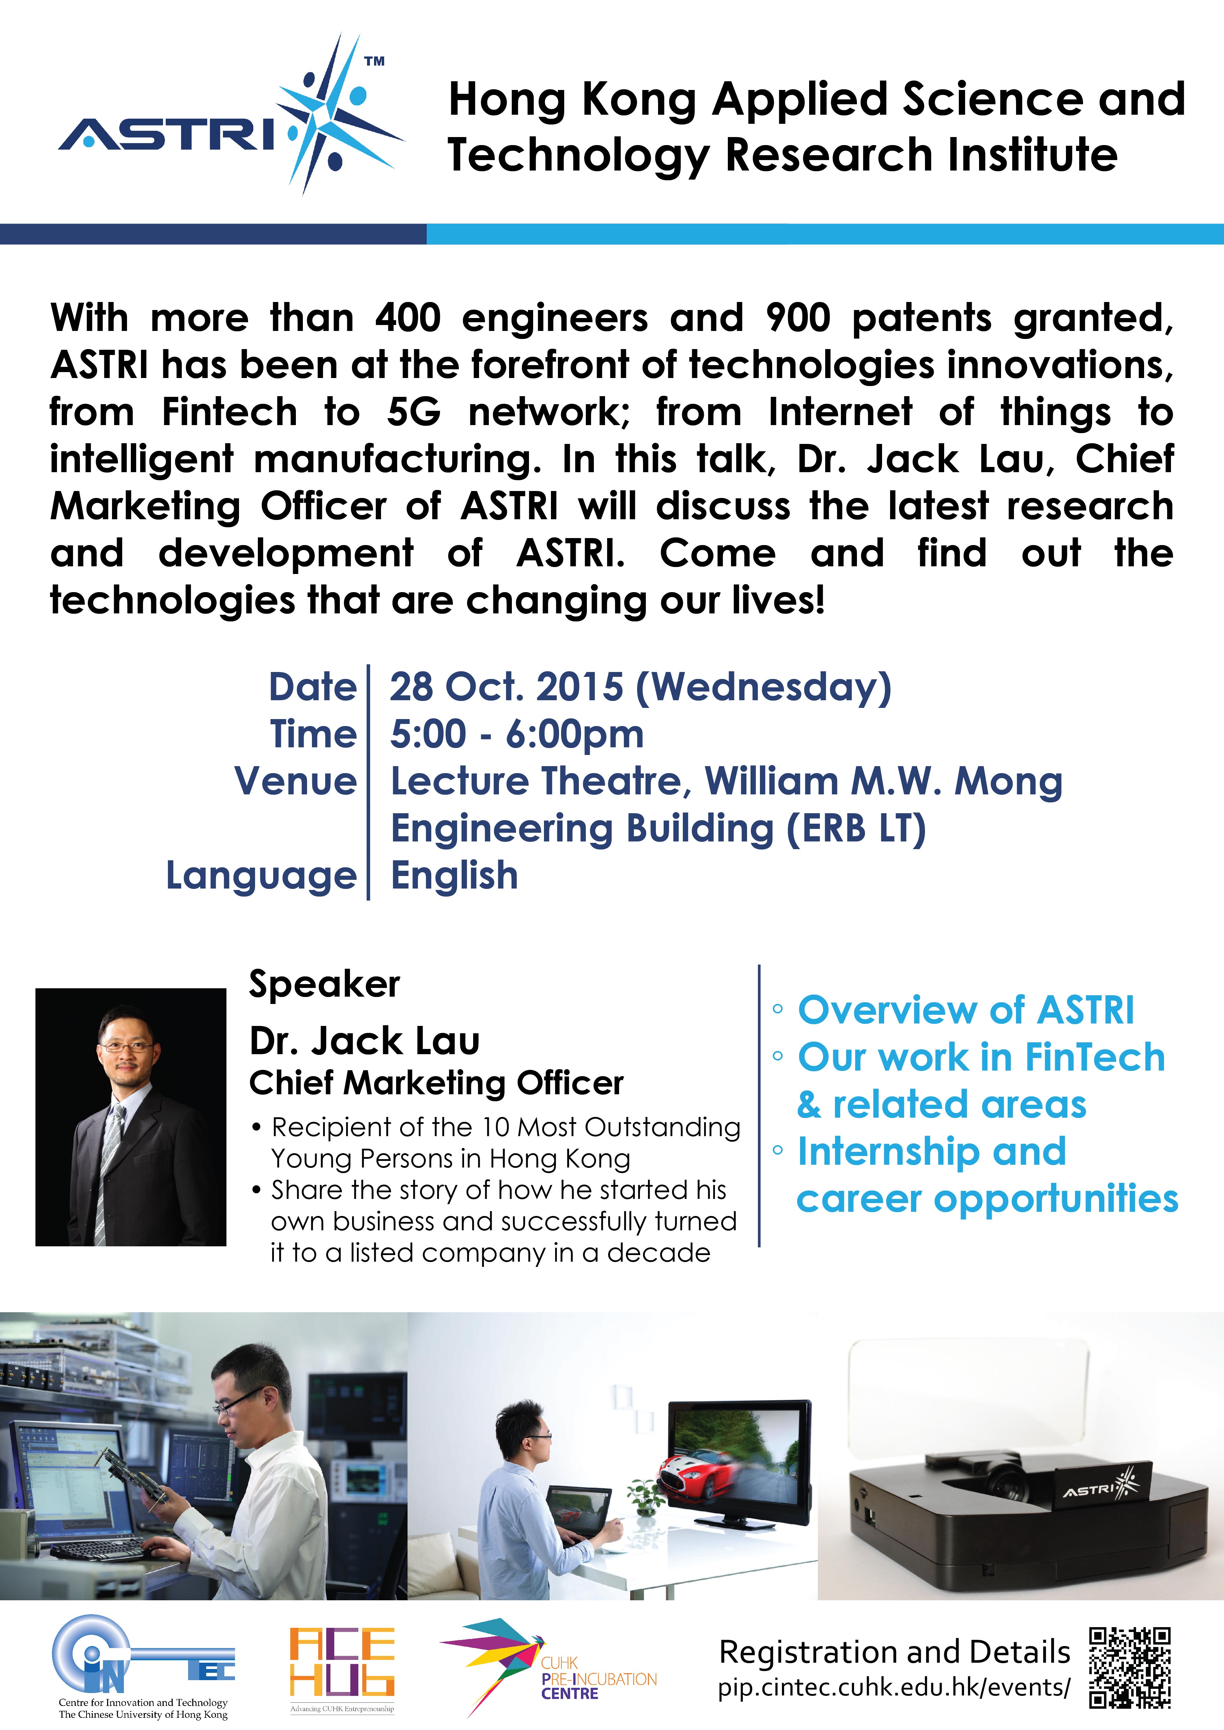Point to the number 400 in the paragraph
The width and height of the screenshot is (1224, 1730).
(408, 317)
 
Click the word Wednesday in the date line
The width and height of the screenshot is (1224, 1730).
(763, 687)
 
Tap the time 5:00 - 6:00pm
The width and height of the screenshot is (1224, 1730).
(516, 734)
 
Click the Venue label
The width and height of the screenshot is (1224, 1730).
(296, 780)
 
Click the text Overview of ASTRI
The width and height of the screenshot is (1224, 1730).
(965, 1010)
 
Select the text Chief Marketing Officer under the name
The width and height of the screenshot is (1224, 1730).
(436, 1083)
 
